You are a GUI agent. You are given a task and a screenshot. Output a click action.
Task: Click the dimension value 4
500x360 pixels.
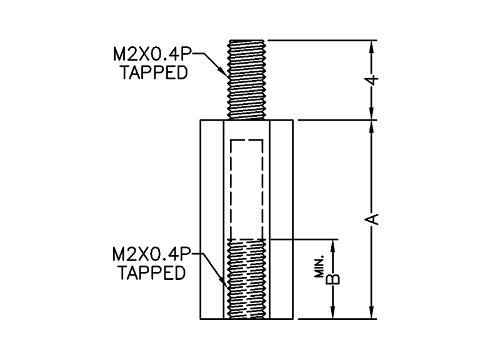click(372, 80)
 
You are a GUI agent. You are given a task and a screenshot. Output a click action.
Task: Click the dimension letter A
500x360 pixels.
click(372, 219)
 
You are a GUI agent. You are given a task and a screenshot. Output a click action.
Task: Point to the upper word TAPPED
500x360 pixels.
click(154, 73)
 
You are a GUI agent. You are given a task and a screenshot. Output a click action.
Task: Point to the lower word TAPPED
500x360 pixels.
click(152, 273)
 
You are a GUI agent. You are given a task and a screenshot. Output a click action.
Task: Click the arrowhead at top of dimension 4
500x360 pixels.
click(372, 46)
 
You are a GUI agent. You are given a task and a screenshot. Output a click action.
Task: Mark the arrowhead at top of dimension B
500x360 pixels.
click(334, 244)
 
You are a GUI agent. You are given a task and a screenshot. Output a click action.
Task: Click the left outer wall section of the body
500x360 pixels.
click(211, 219)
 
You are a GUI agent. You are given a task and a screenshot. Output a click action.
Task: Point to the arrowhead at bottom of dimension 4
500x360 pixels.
click(372, 114)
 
